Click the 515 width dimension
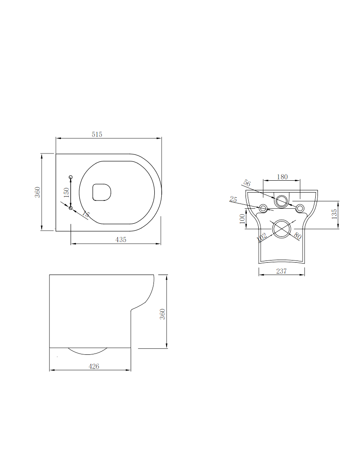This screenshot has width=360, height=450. (97, 135)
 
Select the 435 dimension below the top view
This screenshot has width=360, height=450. (121, 239)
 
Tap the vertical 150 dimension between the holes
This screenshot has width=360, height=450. (66, 192)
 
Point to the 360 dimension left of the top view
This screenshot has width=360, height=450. (38, 192)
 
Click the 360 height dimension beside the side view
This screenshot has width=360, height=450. (162, 314)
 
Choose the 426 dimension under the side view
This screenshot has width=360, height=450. (94, 366)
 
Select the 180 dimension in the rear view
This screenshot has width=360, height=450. (282, 177)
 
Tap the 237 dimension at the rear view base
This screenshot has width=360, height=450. (282, 271)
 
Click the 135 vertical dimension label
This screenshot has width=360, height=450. (335, 214)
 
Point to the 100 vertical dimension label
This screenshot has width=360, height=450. (242, 219)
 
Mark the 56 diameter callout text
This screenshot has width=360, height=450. (247, 184)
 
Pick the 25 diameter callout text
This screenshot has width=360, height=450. (233, 200)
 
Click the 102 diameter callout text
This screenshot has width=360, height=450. (262, 237)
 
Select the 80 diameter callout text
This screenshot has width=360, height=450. (297, 236)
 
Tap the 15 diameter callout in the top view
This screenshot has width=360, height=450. (86, 214)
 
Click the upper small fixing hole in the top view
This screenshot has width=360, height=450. (71, 177)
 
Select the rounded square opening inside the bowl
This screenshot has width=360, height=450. (102, 192)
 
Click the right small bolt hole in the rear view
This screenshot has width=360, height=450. (300, 208)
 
